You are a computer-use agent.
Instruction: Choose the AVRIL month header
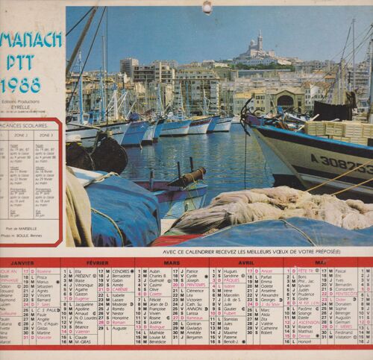pos(245,263)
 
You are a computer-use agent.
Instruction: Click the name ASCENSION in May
pos(307,322)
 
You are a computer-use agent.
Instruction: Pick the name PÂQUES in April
pos(233,280)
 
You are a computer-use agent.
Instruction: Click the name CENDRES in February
pos(122,271)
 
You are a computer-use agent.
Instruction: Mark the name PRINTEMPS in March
pos(195,284)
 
